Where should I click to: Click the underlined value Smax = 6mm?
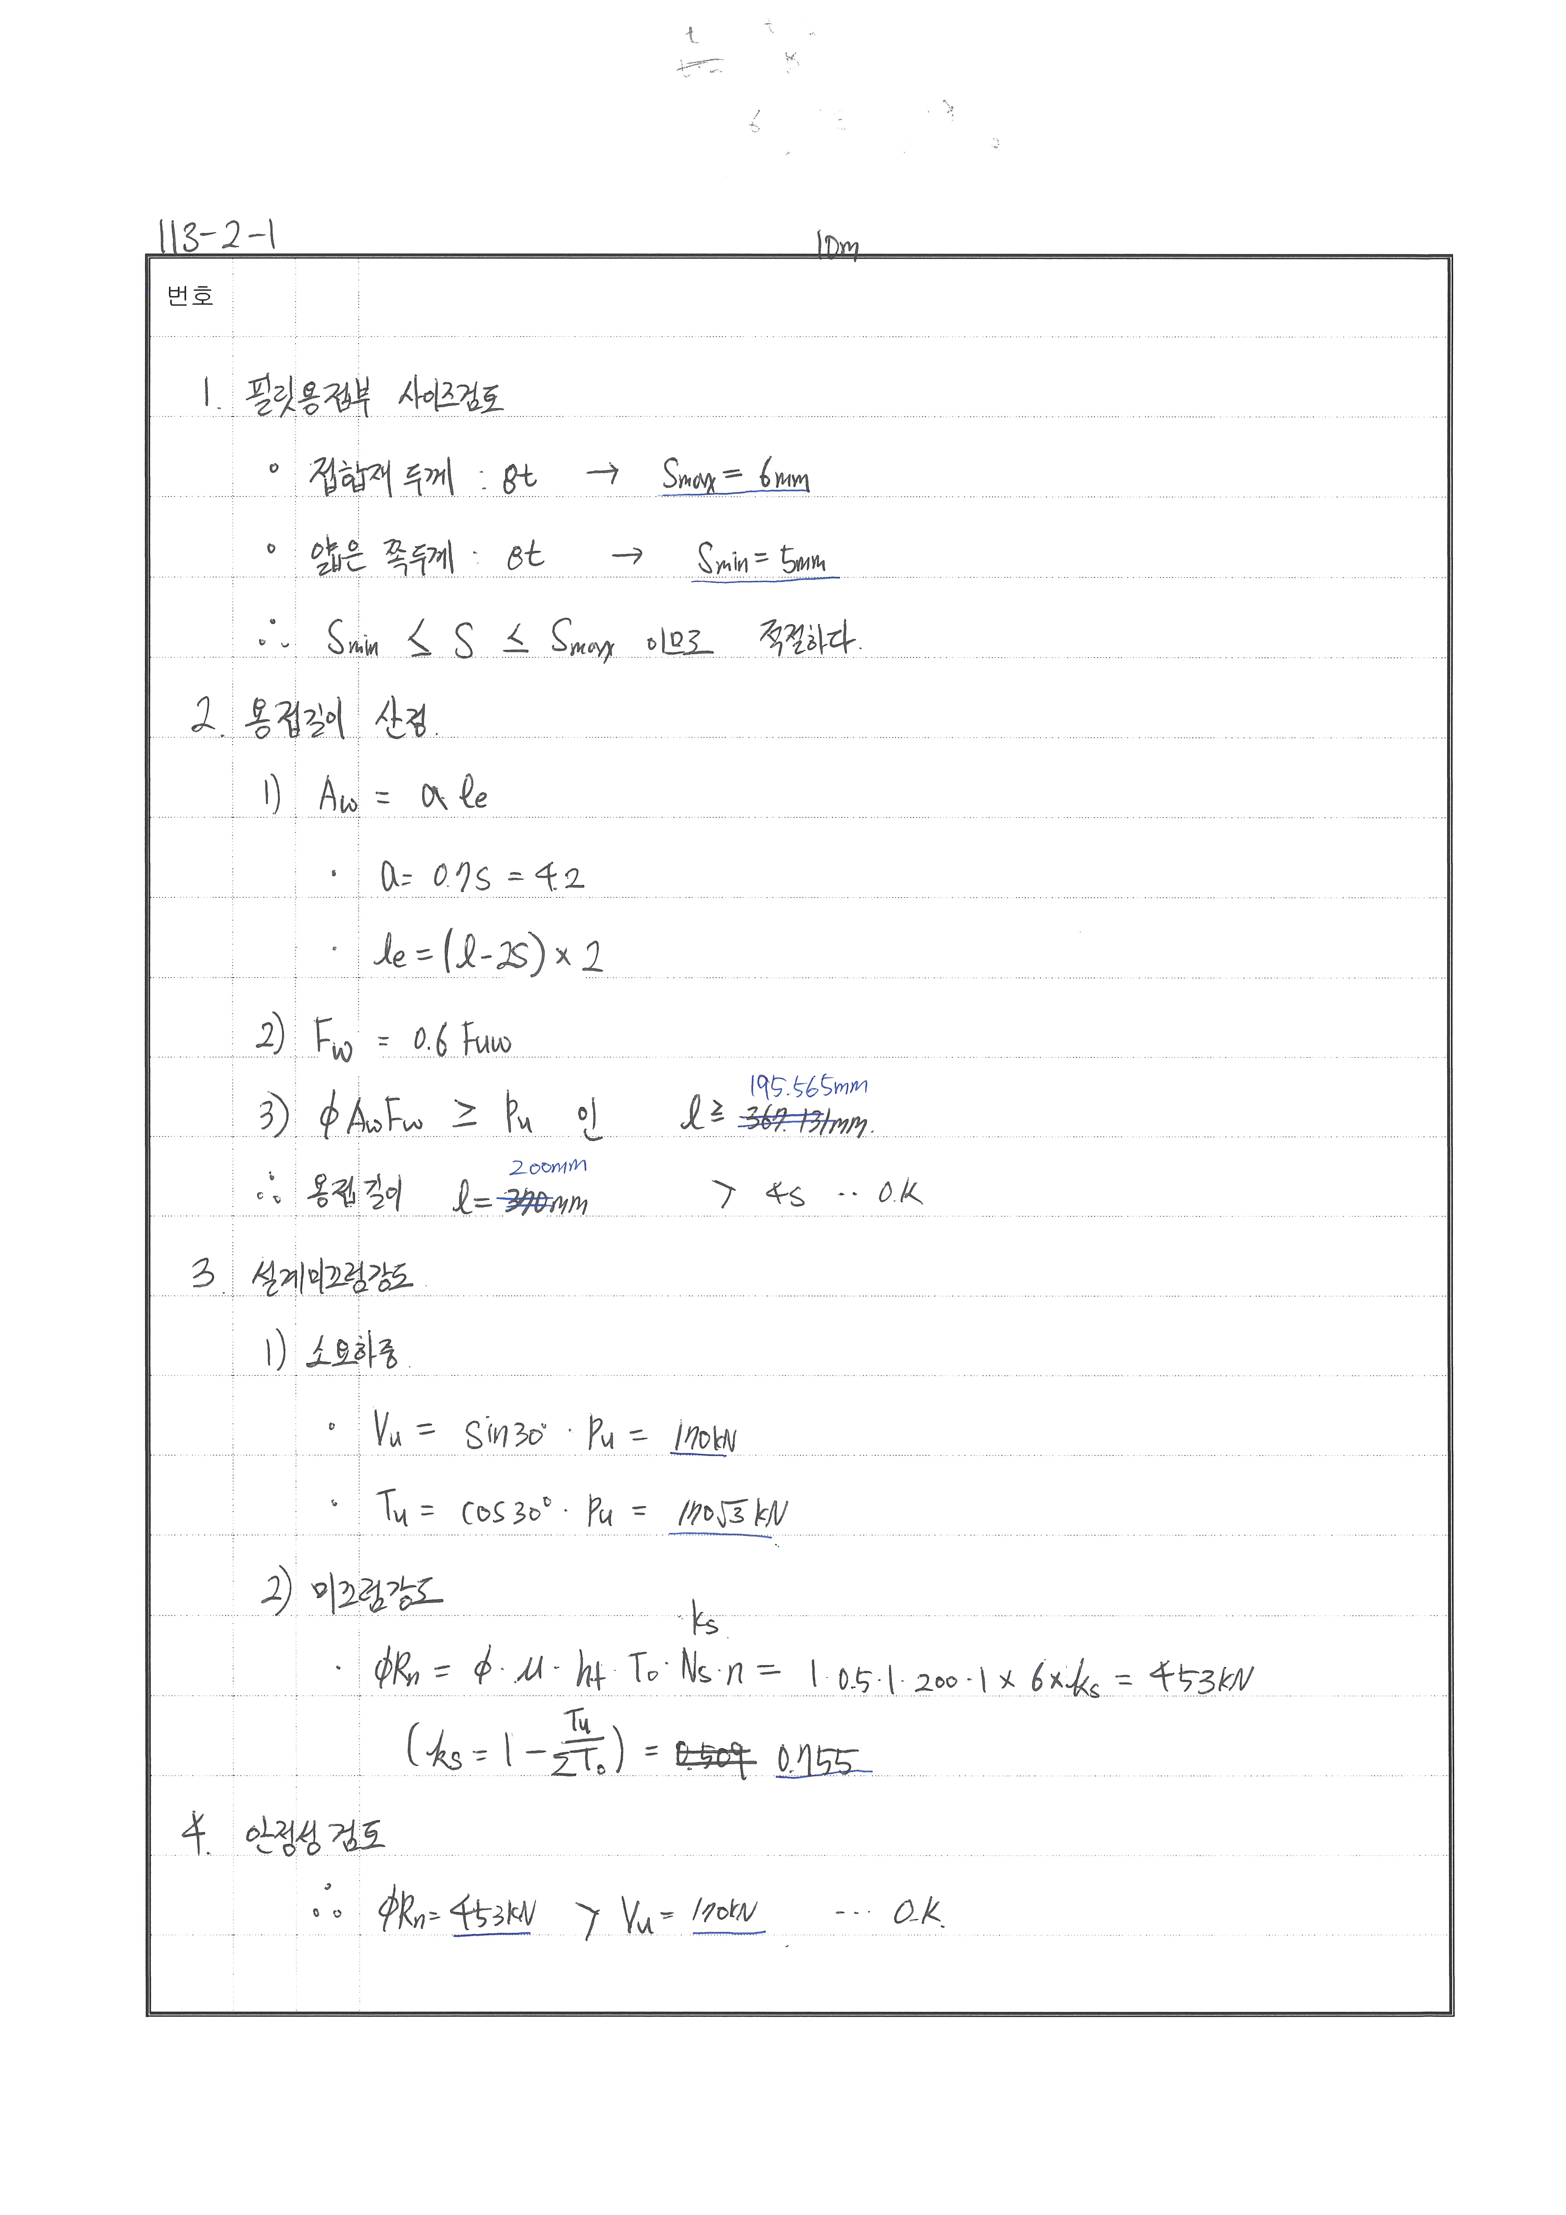point(735,475)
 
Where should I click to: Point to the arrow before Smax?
point(603,473)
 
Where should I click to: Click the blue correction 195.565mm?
point(809,1087)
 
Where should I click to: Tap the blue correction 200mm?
point(548,1166)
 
